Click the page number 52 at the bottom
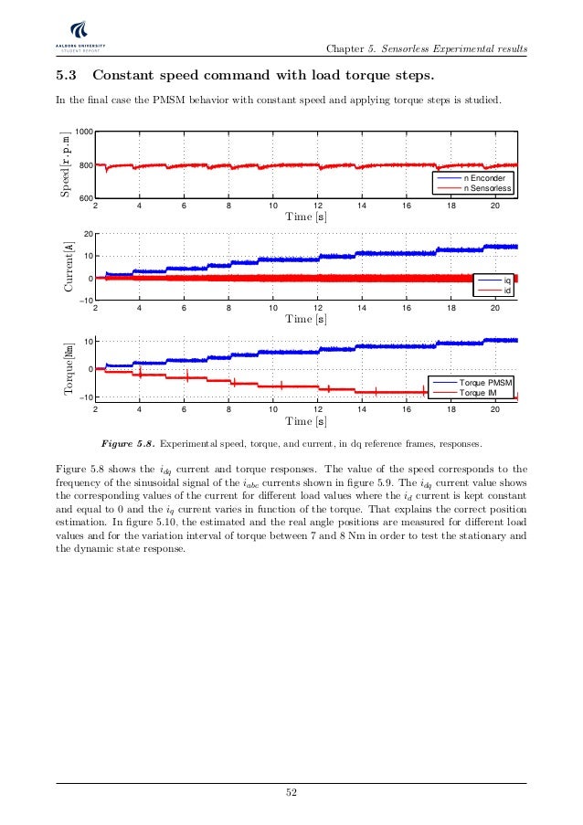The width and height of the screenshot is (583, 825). (291, 792)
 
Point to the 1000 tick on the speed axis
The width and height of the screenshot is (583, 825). (83, 133)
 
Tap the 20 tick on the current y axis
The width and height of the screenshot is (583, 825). (87, 235)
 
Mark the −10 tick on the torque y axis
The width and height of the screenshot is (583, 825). (85, 398)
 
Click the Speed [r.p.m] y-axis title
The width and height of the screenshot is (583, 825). (66, 166)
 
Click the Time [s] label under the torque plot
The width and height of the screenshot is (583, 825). (306, 421)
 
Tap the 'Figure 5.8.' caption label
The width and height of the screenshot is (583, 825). (126, 444)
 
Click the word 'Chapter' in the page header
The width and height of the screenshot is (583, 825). (346, 48)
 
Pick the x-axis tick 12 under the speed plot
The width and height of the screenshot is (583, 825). (317, 206)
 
